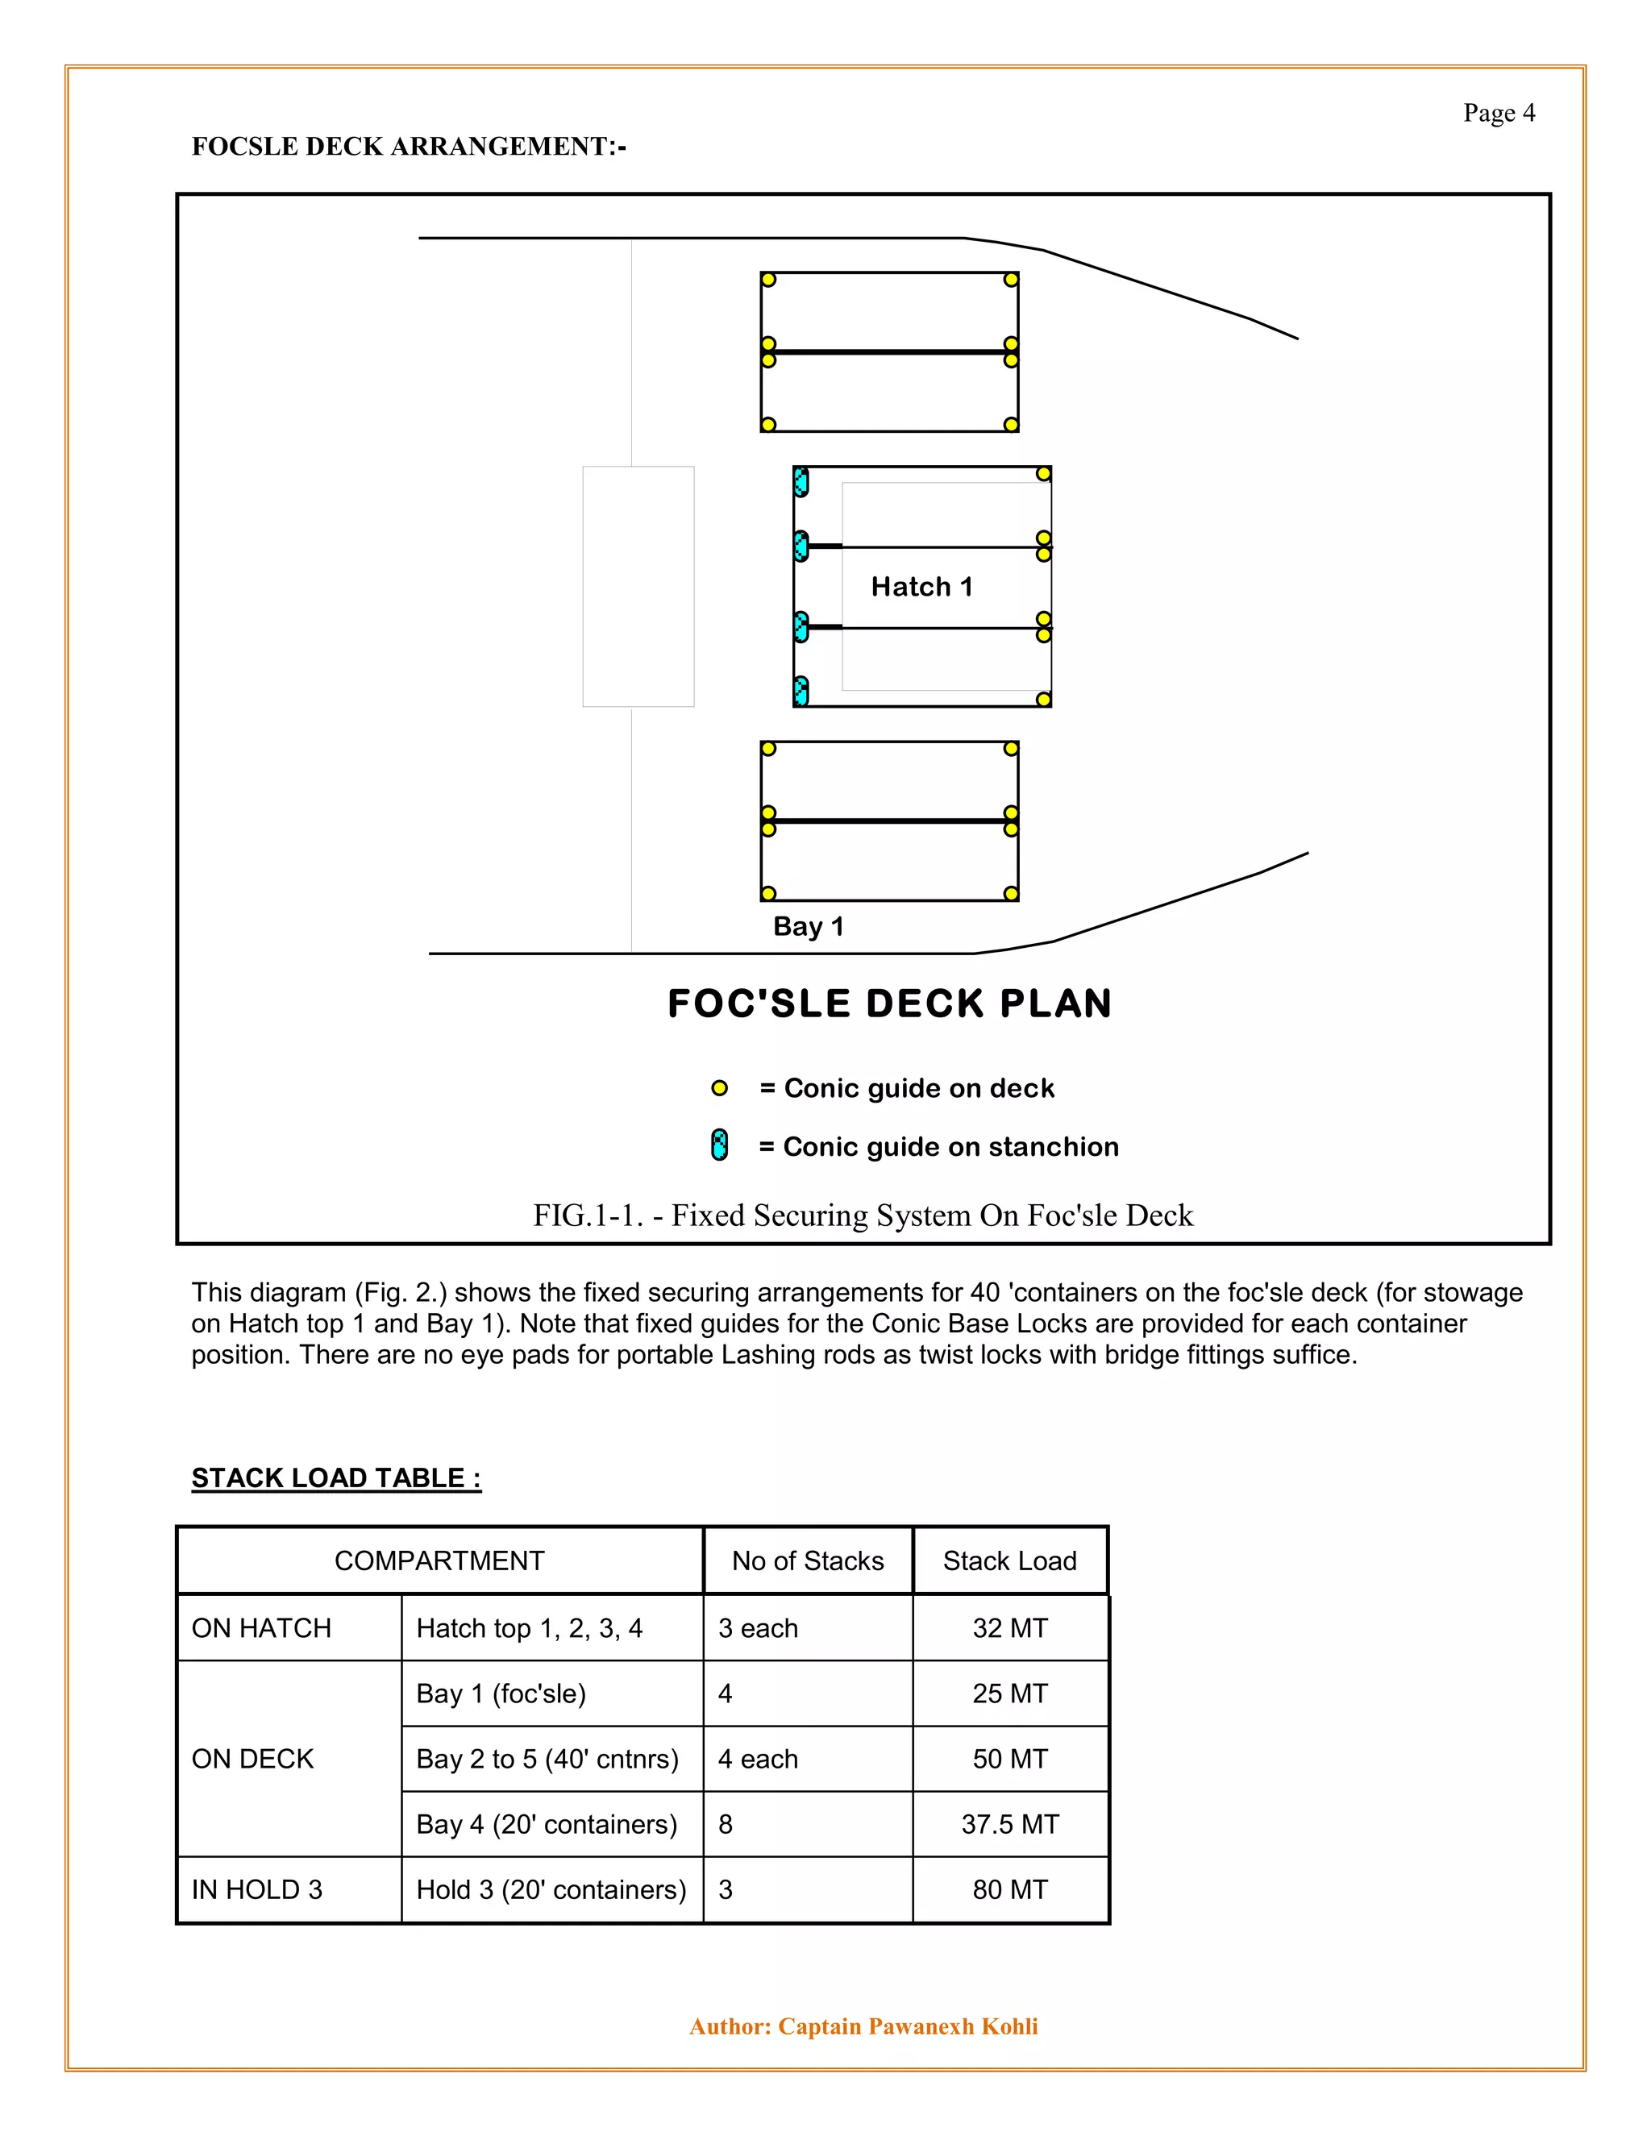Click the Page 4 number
tap(1499, 114)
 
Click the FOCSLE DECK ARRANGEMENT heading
tap(408, 147)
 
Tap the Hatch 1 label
tap(921, 587)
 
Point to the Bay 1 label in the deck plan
tap(808, 926)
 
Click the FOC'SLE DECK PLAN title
tap(889, 1004)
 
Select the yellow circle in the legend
tap(719, 1088)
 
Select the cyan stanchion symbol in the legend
tap(719, 1145)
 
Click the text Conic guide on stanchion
tap(939, 1146)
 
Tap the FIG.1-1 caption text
tap(863, 1216)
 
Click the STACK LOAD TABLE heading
tap(336, 1477)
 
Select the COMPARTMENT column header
tap(439, 1561)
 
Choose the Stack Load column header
tap(1009, 1561)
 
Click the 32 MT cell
tap(1009, 1628)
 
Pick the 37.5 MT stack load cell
tap(1009, 1824)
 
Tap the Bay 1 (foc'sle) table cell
tap(501, 1694)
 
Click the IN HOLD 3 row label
tap(257, 1889)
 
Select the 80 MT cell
tap(1009, 1889)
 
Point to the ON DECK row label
tap(252, 1759)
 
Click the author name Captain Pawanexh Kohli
tap(908, 2026)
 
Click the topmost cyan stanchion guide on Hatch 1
tap(801, 481)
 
